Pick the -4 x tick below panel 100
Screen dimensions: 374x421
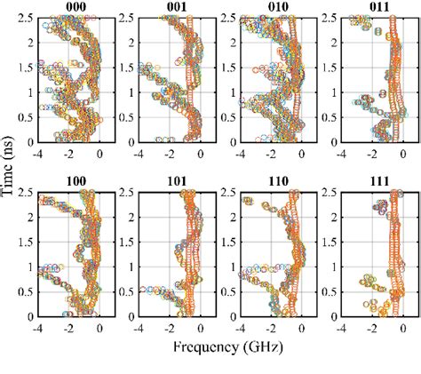36,328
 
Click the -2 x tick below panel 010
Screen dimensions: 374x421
270,154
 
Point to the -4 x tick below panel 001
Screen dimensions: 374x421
137,154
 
